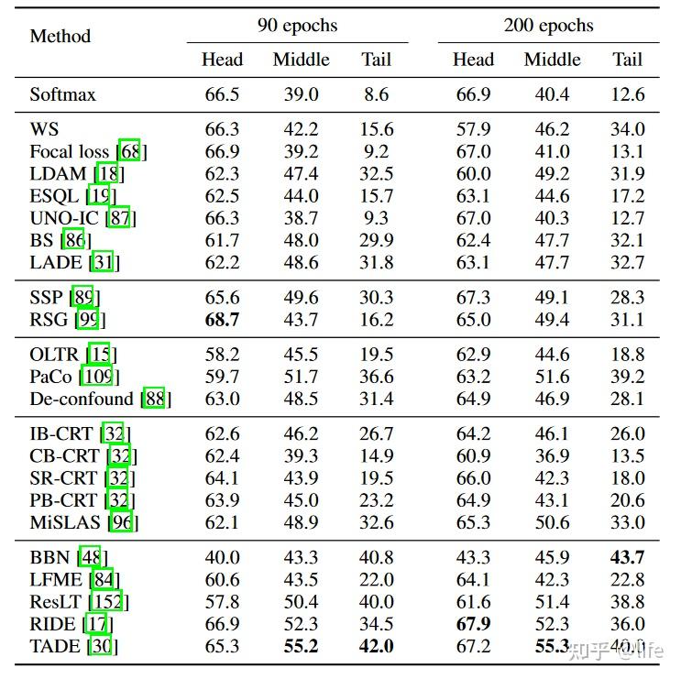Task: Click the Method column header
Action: pos(60,36)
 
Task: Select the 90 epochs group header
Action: pos(298,26)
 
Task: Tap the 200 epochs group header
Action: pos(548,26)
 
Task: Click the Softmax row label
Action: pos(63,94)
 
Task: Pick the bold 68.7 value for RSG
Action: pos(222,320)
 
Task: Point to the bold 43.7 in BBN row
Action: pos(627,557)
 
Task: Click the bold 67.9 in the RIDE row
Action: pos(473,624)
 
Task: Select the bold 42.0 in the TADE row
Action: pos(376,646)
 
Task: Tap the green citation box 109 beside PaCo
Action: pos(98,377)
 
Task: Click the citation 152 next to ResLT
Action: pos(107,602)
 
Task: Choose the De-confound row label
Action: pos(82,399)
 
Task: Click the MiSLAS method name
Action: pos(65,522)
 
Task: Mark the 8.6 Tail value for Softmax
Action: pos(376,94)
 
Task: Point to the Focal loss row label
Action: pos(70,151)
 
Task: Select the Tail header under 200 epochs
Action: pos(627,60)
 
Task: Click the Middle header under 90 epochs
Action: pos(302,60)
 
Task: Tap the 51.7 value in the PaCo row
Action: pos(301,377)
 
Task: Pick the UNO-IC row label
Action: pos(64,218)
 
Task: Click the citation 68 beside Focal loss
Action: pos(130,150)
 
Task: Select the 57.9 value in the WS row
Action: pos(473,129)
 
